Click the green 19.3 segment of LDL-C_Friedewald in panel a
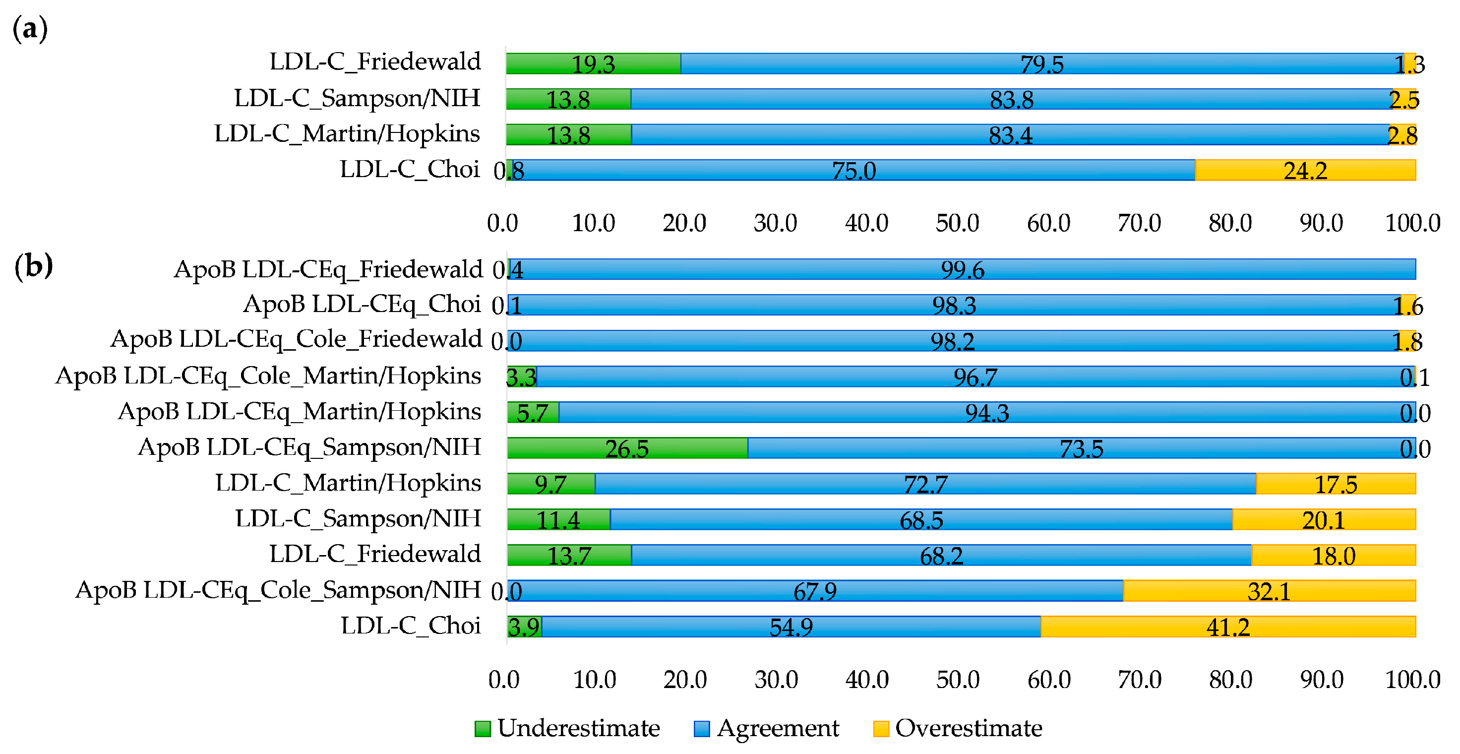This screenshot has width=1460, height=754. (x=593, y=63)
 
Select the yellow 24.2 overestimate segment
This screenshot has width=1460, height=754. (x=1305, y=170)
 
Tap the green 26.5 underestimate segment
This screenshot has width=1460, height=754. (x=627, y=448)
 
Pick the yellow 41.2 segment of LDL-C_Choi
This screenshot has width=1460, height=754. (x=1227, y=627)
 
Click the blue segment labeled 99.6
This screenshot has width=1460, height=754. (x=963, y=269)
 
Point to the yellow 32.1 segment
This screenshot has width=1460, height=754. (x=1269, y=591)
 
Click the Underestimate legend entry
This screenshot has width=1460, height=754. (x=567, y=728)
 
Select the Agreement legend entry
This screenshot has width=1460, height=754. (x=767, y=728)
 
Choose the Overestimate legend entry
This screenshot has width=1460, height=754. (x=958, y=728)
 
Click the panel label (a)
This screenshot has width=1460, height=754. (x=30, y=28)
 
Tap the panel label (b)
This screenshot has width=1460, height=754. (x=33, y=265)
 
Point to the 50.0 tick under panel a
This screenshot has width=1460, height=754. (x=957, y=223)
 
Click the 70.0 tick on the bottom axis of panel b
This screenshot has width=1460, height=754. (x=1140, y=679)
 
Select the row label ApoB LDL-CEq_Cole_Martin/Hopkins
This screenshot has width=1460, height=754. (x=268, y=376)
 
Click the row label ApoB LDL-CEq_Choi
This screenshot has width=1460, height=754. (x=362, y=305)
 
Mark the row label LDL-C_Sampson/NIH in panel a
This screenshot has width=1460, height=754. (x=357, y=98)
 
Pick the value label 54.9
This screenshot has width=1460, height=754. (x=791, y=627)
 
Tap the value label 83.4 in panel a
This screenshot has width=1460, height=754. (x=1011, y=135)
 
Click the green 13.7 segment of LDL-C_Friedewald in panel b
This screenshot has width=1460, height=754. (x=568, y=555)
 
